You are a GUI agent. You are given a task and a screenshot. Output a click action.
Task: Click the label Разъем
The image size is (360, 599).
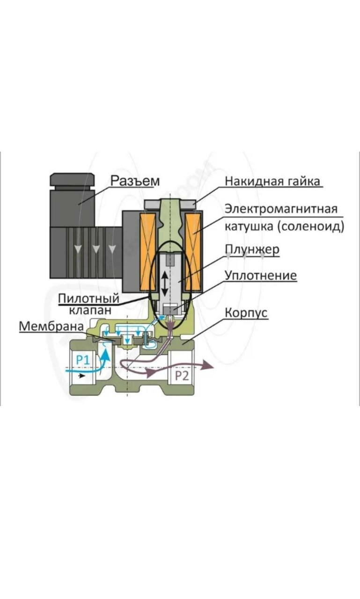tap(135, 181)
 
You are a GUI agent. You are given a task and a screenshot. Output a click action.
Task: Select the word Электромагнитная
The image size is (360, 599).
tap(281, 208)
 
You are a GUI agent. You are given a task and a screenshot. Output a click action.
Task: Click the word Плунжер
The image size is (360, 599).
tap(252, 249)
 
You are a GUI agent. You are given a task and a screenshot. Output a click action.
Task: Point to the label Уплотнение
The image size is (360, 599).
tap(260, 276)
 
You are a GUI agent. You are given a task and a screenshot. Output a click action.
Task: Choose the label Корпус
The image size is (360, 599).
tap(246, 312)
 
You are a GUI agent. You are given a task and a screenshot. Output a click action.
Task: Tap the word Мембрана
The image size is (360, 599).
tap(51, 326)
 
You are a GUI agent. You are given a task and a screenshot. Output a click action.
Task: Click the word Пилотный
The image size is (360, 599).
tap(89, 298)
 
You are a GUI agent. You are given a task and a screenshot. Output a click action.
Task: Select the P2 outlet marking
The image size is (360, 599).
tap(182, 376)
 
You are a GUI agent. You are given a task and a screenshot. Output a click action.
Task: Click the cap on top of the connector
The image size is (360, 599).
tap(73, 179)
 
